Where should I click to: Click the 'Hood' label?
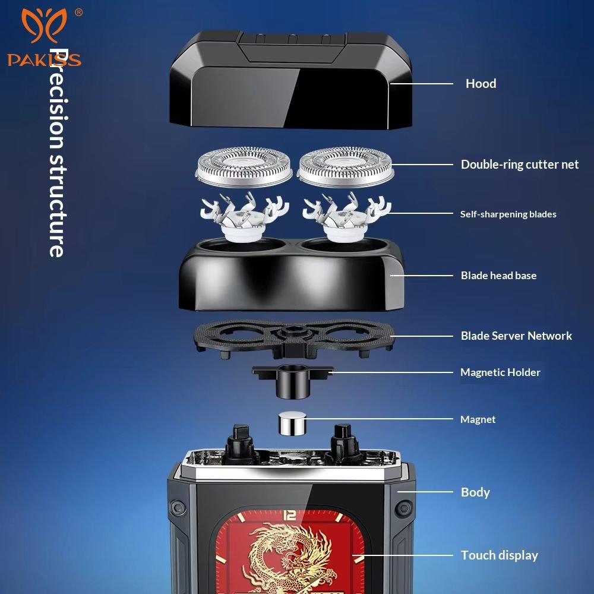tap(481, 83)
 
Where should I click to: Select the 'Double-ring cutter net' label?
tap(519, 165)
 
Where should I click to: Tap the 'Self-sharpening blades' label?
tap(508, 214)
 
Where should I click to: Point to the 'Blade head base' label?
tap(498, 276)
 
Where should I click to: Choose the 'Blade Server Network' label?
tap(516, 336)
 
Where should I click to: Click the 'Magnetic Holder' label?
tap(500, 372)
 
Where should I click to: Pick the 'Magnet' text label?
tap(478, 419)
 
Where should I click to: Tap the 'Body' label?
tap(475, 492)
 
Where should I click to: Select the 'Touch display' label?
tap(500, 555)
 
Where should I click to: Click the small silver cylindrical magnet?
tap(292, 424)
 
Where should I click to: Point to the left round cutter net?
tap(244, 167)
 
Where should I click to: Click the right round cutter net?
tap(345, 167)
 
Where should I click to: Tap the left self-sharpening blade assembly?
tap(244, 216)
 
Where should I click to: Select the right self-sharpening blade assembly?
tap(346, 216)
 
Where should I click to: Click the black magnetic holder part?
tap(292, 381)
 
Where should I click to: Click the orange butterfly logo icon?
tap(44, 25)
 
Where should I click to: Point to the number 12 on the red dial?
tap(290, 515)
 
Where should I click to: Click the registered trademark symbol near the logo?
tap(78, 12)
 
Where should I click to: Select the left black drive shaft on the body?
tap(240, 443)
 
